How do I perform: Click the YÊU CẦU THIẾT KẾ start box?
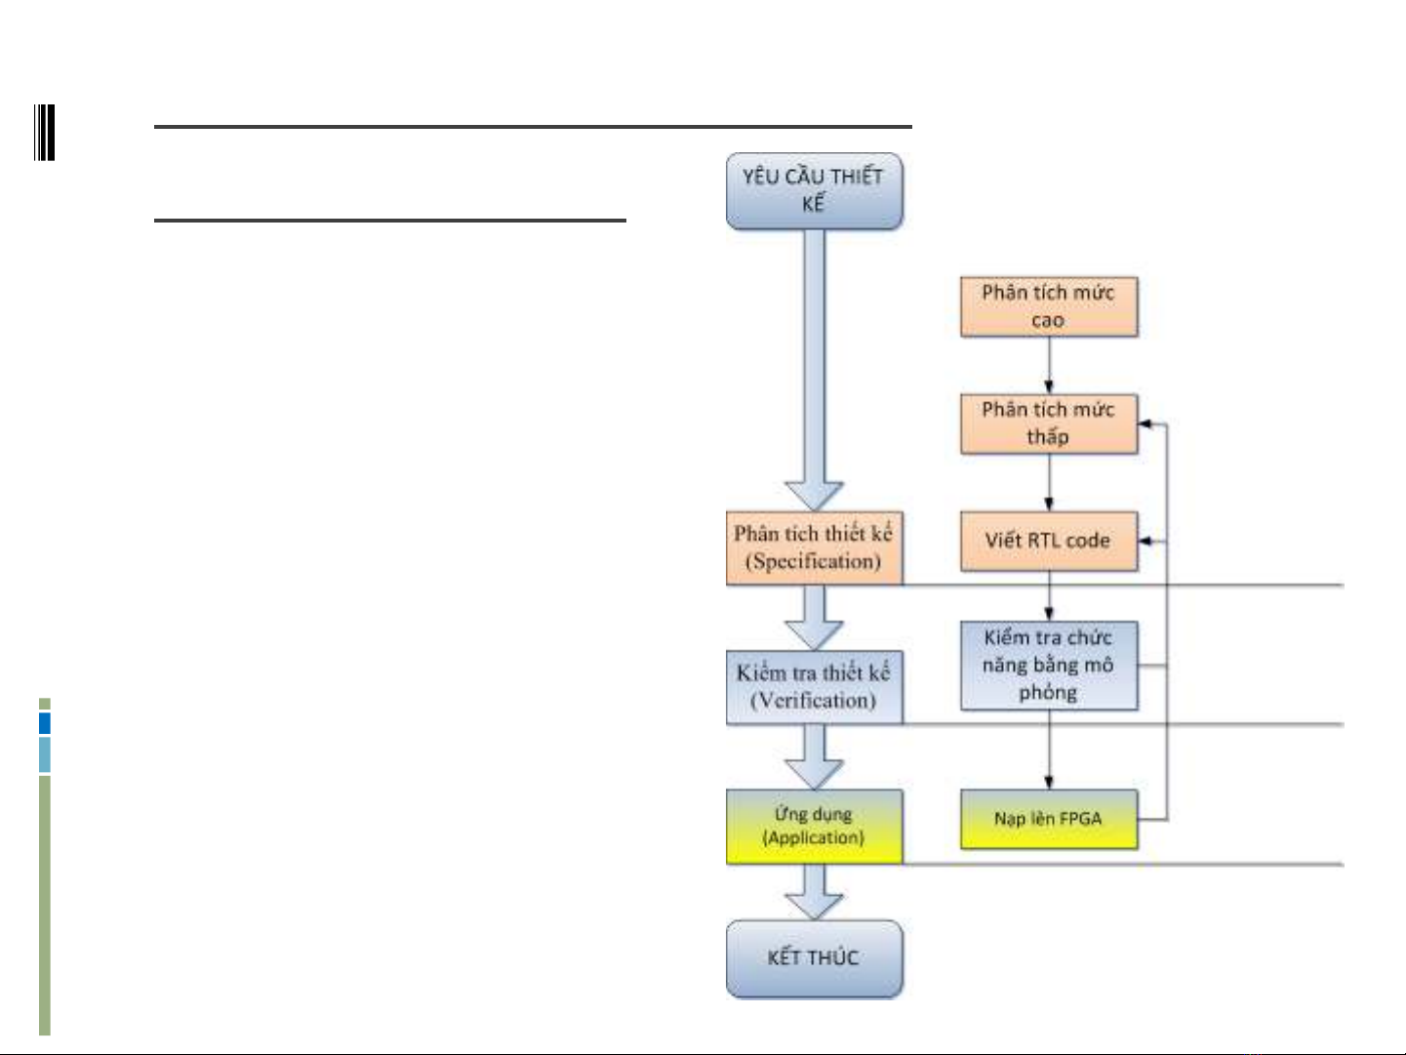coord(814,190)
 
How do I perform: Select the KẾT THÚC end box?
coord(814,958)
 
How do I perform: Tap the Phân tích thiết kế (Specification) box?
coord(814,548)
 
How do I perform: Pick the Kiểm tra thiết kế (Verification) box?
coord(814,687)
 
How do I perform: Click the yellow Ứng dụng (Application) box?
coord(814,826)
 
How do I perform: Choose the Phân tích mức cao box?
coord(1049,306)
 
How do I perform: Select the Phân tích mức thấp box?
coord(1049,424)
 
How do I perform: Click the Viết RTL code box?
coord(1049,541)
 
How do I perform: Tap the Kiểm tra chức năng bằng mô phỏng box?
coord(1049,666)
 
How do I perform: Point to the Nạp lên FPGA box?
coord(1049,819)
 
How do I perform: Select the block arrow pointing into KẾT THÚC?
coord(814,892)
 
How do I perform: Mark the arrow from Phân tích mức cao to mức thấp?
coord(1049,365)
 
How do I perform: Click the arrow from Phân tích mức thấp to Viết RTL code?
coord(1049,482)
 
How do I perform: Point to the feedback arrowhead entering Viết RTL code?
coord(1146,541)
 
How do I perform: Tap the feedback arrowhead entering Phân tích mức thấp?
coord(1146,424)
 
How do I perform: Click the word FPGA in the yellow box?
coord(1080,819)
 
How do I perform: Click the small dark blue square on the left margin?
coord(44,723)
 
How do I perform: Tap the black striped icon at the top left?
coord(44,133)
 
